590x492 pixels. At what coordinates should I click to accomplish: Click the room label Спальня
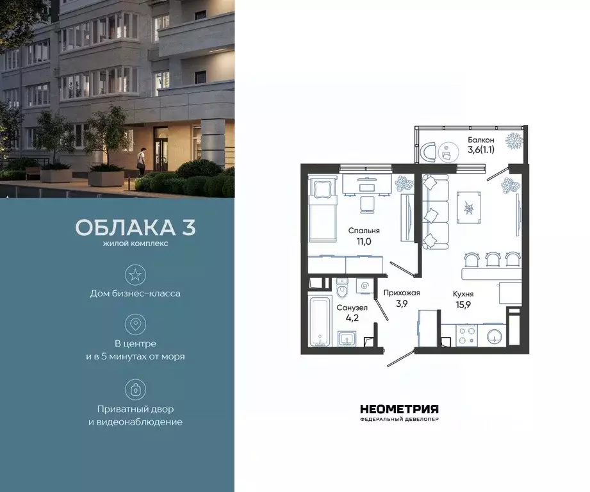coord(364,231)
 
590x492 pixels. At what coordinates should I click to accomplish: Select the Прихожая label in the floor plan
coord(401,293)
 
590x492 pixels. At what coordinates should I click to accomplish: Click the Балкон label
coord(481,140)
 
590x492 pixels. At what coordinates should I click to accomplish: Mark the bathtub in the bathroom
coord(318,321)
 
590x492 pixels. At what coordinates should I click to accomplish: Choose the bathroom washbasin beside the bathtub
coord(348,338)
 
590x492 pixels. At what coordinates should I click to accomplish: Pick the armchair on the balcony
coord(430,151)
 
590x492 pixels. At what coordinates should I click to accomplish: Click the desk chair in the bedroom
coord(367,204)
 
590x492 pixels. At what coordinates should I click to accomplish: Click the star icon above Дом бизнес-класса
coord(135,275)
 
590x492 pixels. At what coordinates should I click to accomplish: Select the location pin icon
coord(135,324)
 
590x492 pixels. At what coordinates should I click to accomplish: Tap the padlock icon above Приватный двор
coord(135,389)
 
